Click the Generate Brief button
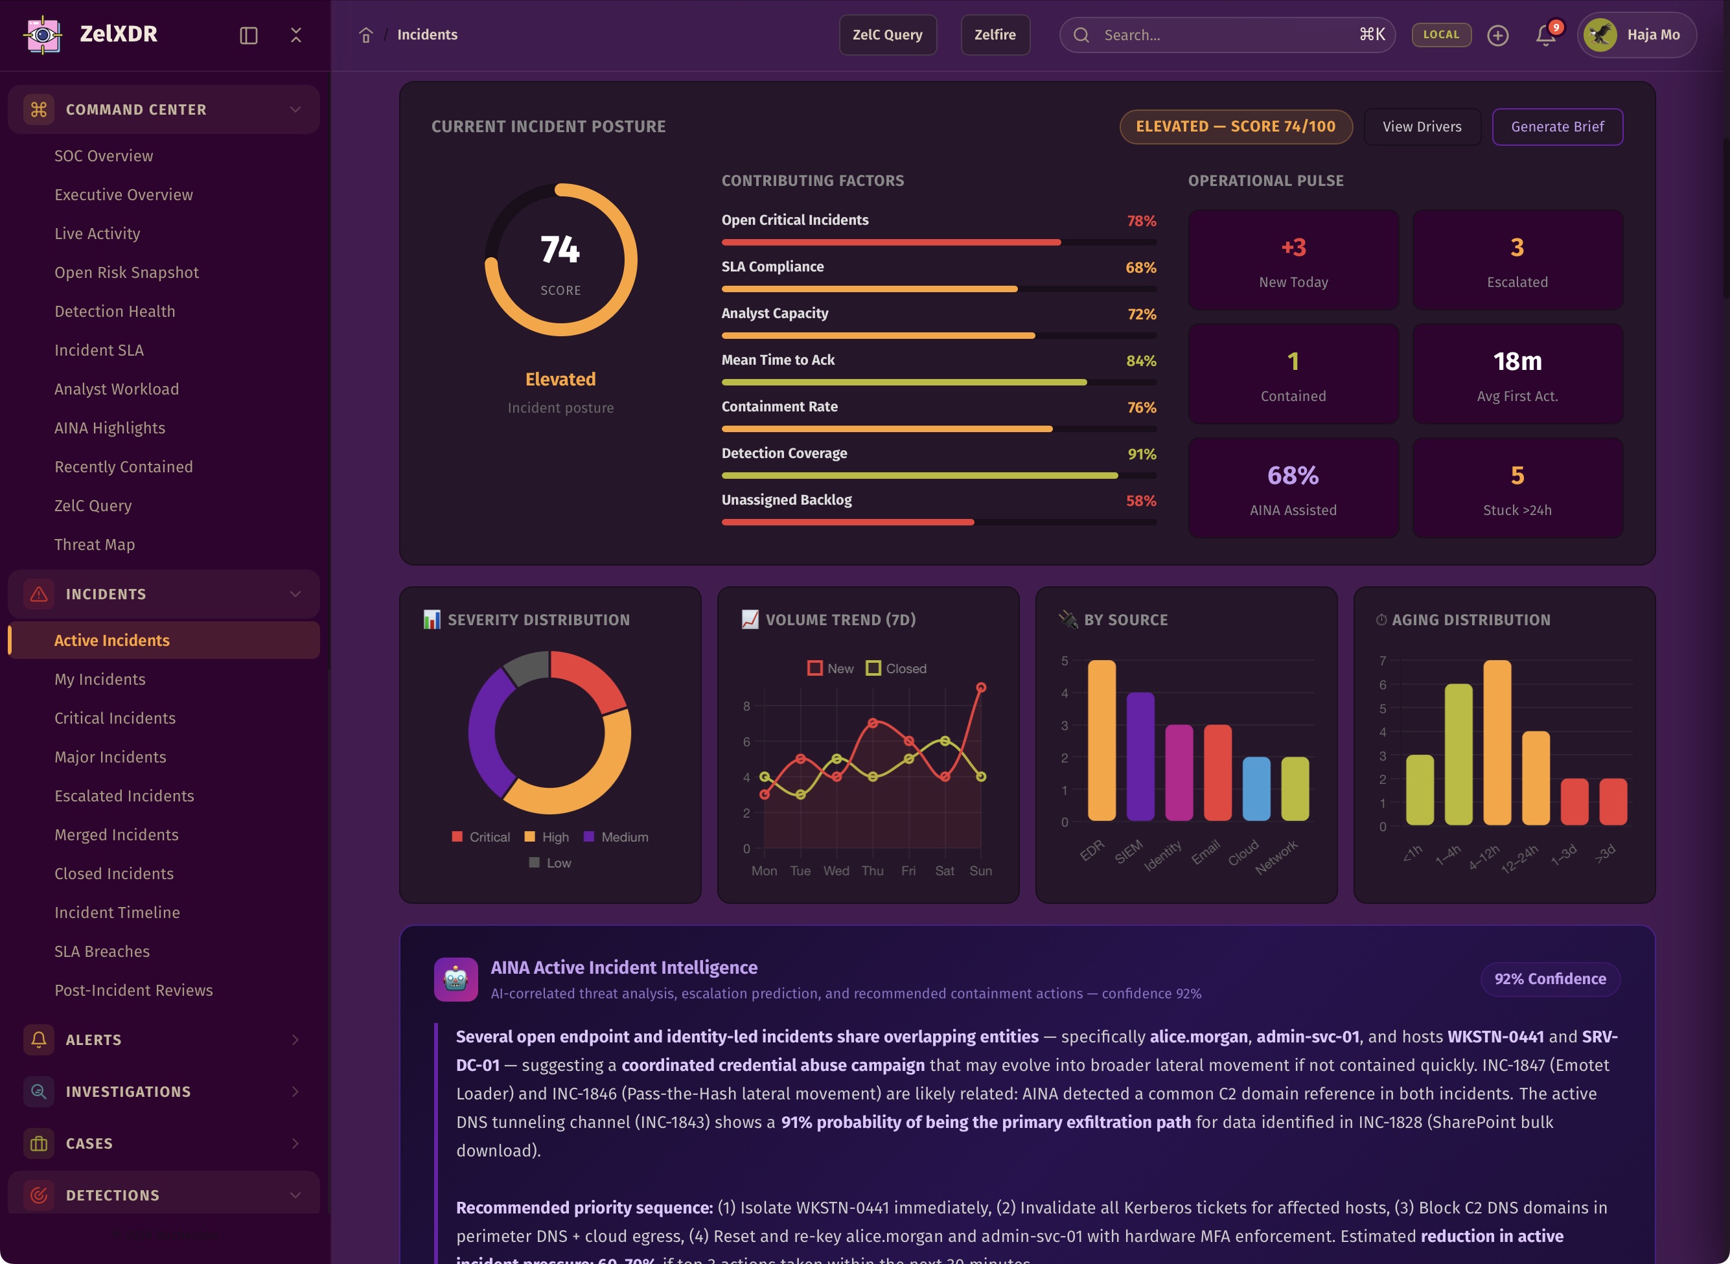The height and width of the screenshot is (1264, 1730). tap(1557, 127)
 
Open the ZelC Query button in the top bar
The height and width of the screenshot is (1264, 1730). tap(888, 35)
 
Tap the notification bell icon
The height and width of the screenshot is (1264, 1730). tap(1545, 35)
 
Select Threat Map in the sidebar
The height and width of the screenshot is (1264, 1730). tap(94, 545)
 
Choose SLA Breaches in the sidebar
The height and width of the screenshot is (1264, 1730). tap(102, 951)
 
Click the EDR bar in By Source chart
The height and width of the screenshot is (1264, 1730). tap(1101, 740)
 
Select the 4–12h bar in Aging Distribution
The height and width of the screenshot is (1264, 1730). tap(1497, 742)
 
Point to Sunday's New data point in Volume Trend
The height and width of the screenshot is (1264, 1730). tap(981, 688)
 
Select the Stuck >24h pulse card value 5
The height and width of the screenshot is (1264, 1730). tap(1517, 476)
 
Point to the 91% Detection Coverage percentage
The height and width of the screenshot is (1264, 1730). tap(1142, 455)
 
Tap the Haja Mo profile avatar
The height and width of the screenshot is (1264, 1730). tap(1600, 35)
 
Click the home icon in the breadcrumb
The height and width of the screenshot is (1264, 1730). tap(365, 35)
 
